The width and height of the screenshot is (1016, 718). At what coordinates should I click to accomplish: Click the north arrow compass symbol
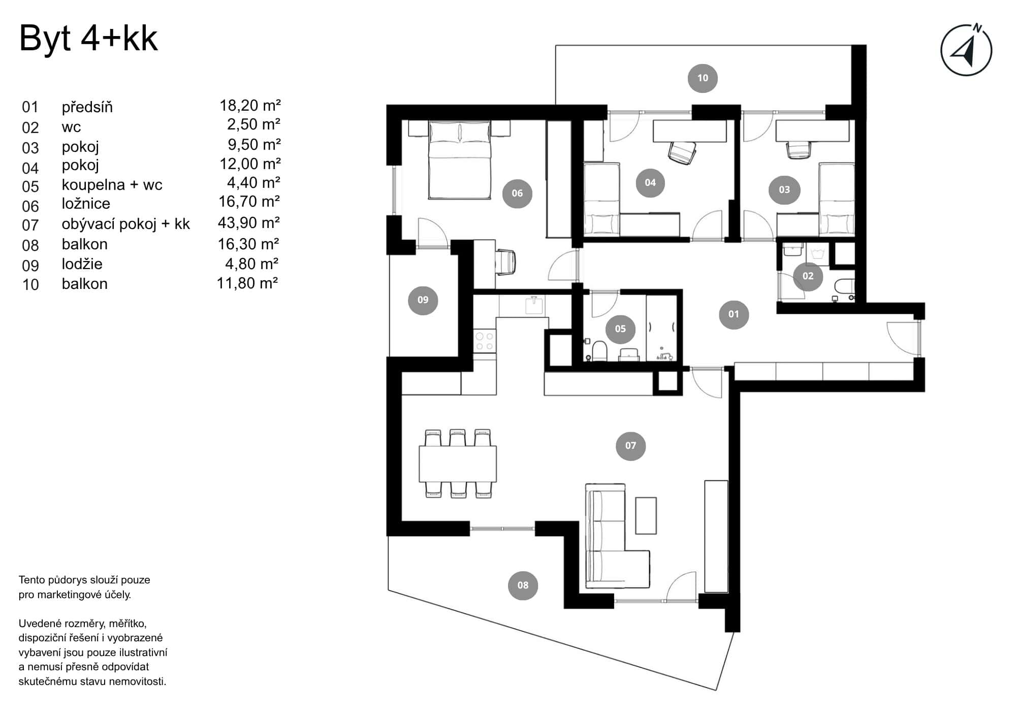point(966,50)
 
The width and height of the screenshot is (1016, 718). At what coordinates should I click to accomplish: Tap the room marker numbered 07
point(630,446)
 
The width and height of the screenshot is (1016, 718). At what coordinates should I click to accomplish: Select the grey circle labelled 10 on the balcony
point(703,78)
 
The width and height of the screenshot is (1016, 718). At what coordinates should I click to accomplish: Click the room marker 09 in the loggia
point(423,300)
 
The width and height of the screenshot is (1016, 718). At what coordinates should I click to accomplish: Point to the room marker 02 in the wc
point(808,276)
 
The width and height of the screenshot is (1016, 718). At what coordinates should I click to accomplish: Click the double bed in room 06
point(460,160)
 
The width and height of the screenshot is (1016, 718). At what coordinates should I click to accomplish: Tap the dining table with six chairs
point(458,464)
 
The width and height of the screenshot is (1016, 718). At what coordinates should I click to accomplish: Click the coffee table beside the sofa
point(646,515)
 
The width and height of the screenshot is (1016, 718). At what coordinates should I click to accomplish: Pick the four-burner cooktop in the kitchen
point(484,341)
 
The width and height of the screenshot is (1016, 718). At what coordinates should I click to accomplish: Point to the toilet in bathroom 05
point(599,351)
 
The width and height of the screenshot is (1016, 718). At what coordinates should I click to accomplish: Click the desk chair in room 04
point(681,152)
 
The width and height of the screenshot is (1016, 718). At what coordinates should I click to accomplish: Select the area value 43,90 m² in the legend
point(249,223)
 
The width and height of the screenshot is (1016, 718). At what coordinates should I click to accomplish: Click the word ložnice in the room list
point(86,204)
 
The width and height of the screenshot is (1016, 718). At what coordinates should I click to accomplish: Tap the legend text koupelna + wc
point(112,185)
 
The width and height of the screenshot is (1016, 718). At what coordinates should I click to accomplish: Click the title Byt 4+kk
point(88,39)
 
